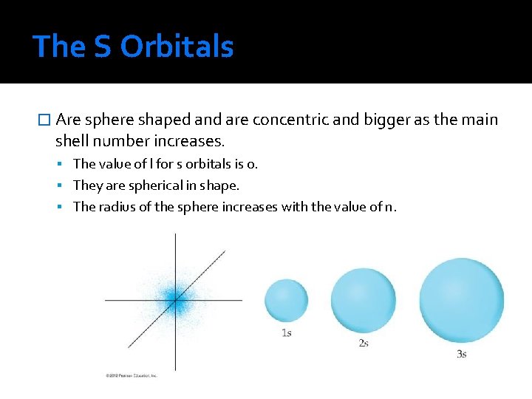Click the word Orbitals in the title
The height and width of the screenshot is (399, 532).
tap(177, 47)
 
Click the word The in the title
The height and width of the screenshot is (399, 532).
tap(59, 47)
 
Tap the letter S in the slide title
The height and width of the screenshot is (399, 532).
tap(103, 47)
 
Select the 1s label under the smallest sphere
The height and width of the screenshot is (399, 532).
tap(287, 332)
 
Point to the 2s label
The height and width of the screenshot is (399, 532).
tap(364, 343)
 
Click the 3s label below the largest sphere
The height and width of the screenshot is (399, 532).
tap(462, 354)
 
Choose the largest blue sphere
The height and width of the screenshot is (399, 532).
tap(461, 300)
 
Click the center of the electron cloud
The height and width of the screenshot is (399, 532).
tap(175, 299)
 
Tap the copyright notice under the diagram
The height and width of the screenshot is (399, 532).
tap(131, 375)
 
